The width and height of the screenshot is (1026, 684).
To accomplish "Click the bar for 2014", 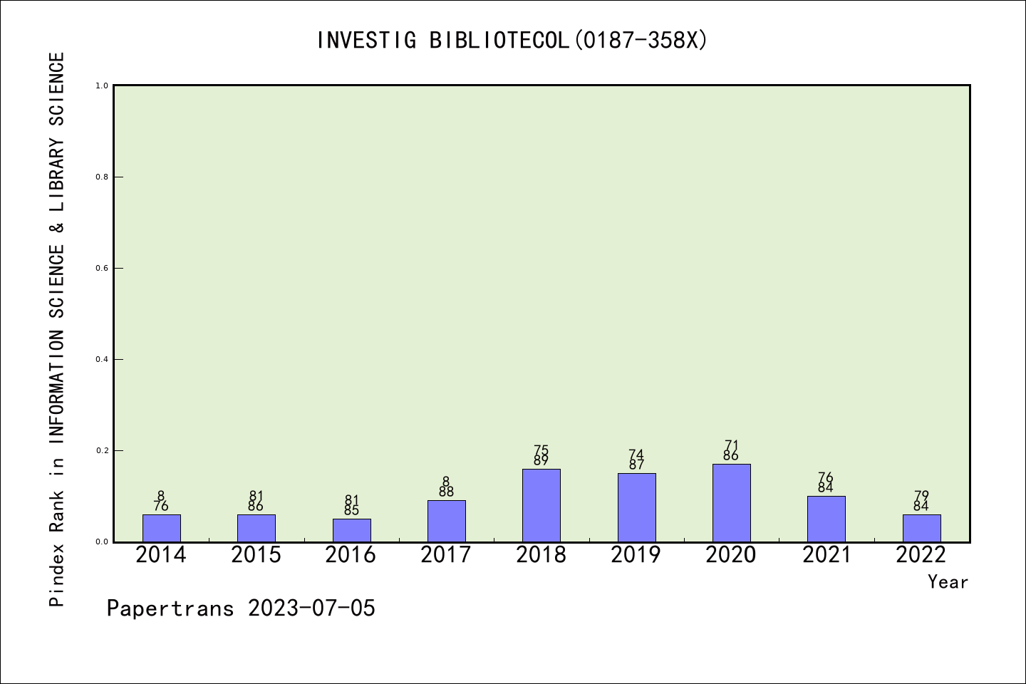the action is pos(161,528).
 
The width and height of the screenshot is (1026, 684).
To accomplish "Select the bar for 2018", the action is pos(541,505).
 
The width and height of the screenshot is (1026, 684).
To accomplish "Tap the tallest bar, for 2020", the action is pos(732,503).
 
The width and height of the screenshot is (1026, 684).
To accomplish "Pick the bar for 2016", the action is pos(352,531).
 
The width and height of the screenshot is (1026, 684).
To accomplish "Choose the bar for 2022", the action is pos(921,528).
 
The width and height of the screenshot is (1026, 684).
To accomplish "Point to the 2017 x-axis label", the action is pos(446,555).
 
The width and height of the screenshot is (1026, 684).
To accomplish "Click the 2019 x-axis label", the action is pos(636,555).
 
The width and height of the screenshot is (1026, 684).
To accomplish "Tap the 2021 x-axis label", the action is pos(826,555).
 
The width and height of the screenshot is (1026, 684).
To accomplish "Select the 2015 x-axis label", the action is pos(256,555).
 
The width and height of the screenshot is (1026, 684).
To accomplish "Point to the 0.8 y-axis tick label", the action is pos(102,177).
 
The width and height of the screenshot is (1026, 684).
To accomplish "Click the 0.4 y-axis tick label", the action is pos(102,360).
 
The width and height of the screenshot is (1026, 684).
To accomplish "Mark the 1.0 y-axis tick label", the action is pos(102,85).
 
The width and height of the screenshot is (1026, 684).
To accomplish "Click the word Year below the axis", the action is pos(948,582).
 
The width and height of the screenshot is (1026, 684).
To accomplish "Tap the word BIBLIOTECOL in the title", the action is pos(499,41).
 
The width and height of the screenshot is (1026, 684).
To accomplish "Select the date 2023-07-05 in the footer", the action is pos(311,608).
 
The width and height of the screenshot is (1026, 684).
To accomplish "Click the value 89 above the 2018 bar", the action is pos(541,460).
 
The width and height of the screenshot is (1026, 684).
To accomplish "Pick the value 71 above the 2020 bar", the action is pos(732,445).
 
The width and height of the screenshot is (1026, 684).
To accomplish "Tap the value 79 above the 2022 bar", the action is pos(921,496).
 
